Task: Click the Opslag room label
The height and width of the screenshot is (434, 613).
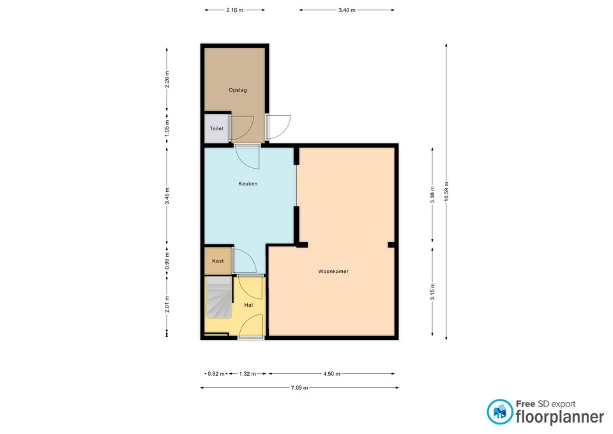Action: (x=238, y=90)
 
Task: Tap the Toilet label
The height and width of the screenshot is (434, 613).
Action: (x=216, y=128)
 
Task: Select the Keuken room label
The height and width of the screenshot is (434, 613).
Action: (x=248, y=183)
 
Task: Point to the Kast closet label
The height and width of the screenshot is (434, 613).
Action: (x=218, y=261)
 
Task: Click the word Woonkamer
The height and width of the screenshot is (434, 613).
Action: (x=333, y=271)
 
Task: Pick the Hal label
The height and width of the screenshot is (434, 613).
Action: (x=248, y=306)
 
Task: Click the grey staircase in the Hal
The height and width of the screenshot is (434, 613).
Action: (x=219, y=297)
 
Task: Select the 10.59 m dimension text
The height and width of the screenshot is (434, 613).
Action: (x=446, y=192)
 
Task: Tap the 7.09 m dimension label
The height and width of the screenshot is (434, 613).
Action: (x=299, y=388)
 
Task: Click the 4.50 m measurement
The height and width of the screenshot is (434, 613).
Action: (x=331, y=374)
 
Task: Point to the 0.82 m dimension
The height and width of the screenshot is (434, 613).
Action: (x=216, y=374)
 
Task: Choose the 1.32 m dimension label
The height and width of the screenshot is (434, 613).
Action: (x=248, y=374)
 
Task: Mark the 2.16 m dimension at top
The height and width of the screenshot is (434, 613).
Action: (x=234, y=10)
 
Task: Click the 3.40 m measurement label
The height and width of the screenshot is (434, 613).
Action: (x=347, y=10)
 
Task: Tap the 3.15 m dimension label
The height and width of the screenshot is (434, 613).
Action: (x=432, y=291)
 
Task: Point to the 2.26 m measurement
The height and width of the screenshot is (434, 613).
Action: (x=167, y=79)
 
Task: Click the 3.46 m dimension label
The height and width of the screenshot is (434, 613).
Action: (x=167, y=196)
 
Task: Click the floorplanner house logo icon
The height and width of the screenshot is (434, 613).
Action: (x=499, y=412)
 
